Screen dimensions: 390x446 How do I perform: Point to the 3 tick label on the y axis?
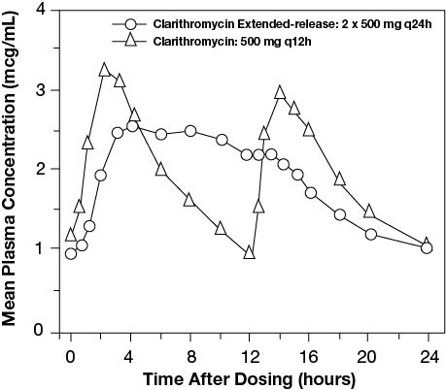pos(39,90)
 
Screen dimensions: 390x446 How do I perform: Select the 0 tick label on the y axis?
pos(39,331)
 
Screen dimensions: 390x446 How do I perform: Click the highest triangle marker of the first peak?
pos(104,70)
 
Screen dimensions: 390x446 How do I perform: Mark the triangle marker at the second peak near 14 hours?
pos(280,92)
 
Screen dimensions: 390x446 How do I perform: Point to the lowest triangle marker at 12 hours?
pos(250,252)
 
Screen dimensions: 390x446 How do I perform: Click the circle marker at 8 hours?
pos(190,131)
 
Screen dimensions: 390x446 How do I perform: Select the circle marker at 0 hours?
pos(71,253)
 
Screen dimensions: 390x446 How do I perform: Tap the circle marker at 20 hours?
pos(370,234)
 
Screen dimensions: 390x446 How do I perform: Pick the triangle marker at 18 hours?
pos(340,179)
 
